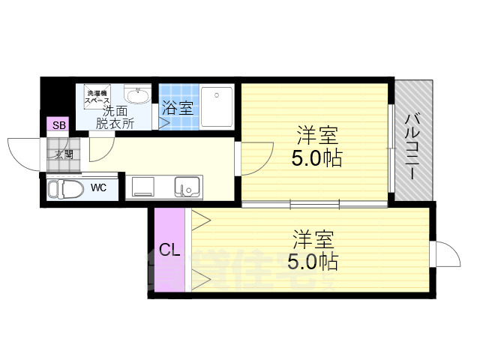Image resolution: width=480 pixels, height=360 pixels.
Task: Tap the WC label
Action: [x=98, y=187]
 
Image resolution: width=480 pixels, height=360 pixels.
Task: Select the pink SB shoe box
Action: [x=58, y=124]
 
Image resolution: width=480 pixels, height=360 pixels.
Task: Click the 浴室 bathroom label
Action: [x=177, y=108]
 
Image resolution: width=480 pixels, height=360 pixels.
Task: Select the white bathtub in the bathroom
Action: [x=217, y=105]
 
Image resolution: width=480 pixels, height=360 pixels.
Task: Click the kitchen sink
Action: [x=187, y=185]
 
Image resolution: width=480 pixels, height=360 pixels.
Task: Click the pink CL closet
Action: [x=169, y=250]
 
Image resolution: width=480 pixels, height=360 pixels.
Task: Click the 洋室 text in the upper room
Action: [x=316, y=136]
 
